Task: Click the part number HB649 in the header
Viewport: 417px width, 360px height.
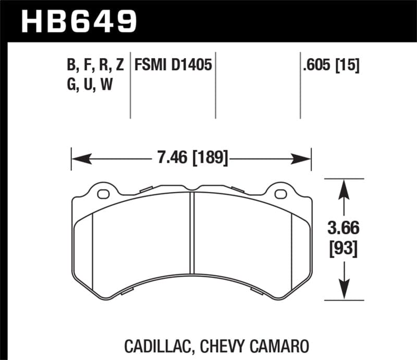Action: pyautogui.click(x=79, y=21)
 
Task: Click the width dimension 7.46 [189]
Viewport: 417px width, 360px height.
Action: pyautogui.click(x=191, y=156)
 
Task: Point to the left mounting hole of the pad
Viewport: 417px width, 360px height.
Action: pyautogui.click(x=103, y=195)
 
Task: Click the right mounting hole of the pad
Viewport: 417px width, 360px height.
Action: pyautogui.click(x=280, y=195)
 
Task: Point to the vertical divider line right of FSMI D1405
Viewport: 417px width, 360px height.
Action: pyautogui.click(x=216, y=86)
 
